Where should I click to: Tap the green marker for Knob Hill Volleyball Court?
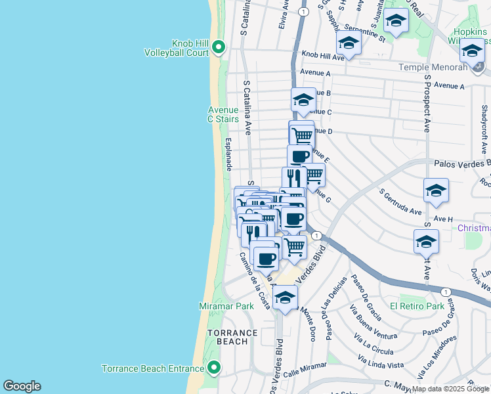click(219, 47)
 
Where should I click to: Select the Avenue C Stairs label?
click(223, 114)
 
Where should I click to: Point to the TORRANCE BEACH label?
click(228, 337)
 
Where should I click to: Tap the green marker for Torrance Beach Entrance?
click(213, 368)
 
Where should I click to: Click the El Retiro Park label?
click(417, 306)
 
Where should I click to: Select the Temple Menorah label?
click(433, 67)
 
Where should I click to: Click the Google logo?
click(22, 386)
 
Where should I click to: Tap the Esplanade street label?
click(228, 155)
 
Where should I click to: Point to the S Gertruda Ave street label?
click(402, 202)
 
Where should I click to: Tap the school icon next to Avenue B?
click(303, 100)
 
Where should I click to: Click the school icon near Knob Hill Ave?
click(349, 43)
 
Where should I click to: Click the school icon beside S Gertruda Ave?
click(436, 191)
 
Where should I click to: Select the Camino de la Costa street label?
click(255, 281)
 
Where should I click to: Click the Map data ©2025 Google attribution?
click(450, 389)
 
